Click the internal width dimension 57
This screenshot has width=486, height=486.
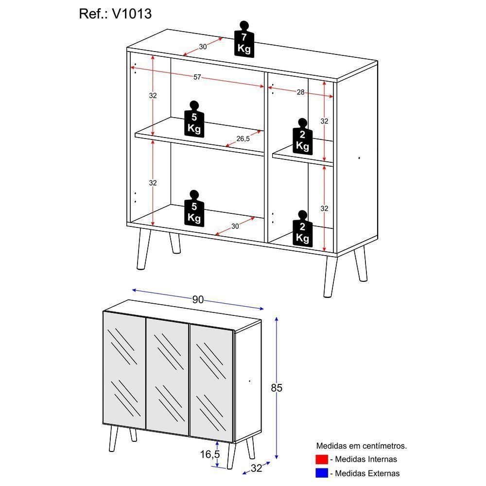coord(197,77)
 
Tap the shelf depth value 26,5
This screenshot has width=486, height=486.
coord(243,139)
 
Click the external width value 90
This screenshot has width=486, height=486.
coord(197,299)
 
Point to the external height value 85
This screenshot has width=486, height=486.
coord(277,388)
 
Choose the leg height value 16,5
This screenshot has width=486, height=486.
coord(210,454)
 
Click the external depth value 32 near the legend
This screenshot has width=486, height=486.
coord(256,468)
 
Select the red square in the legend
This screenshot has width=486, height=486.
coord(322,459)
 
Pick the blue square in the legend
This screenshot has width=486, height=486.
coord(322,473)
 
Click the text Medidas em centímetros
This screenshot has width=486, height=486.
coord(362,445)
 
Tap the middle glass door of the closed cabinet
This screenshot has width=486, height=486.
coord(167,376)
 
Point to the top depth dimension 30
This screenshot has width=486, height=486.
coord(203,47)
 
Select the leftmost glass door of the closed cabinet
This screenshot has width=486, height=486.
coord(124,370)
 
